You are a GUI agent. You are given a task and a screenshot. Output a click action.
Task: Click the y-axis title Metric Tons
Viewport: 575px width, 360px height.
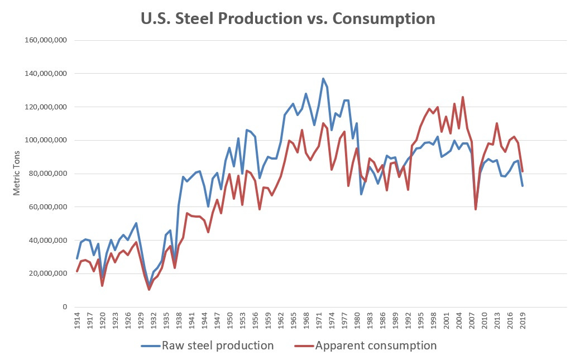17,172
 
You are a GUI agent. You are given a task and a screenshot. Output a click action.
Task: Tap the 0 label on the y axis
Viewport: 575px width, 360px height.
65,307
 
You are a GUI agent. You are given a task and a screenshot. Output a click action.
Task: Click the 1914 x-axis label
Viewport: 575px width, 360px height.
78,322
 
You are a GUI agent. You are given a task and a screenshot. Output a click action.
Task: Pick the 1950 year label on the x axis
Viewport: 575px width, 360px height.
229,322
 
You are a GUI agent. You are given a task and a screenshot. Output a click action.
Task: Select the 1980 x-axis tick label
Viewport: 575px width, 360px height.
356,322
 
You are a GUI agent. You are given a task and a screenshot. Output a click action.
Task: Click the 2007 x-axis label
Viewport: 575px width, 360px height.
471,322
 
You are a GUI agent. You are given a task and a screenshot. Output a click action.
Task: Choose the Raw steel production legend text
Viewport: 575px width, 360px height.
218,345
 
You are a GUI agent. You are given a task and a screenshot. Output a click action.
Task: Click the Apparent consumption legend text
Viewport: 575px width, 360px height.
376,345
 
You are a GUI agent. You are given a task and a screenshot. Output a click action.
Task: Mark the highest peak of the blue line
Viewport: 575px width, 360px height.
323,79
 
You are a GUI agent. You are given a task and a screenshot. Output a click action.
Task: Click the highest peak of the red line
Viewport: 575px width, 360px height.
462,97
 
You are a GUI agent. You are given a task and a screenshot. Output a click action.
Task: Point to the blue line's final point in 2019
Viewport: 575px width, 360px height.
523,185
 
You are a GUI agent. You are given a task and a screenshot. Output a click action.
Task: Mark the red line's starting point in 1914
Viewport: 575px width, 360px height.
77,271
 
